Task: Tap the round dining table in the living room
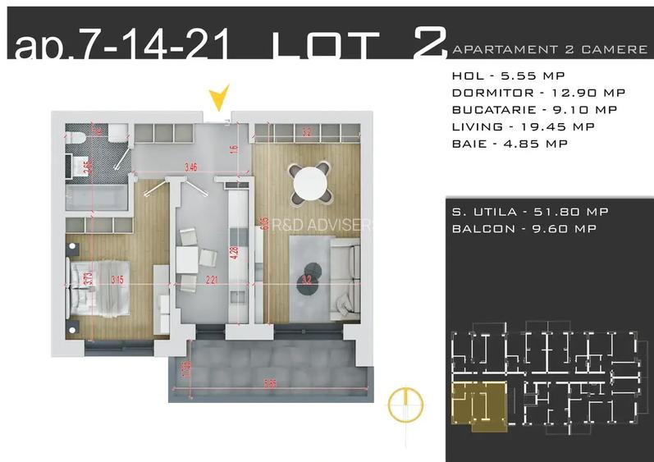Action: click(312, 181)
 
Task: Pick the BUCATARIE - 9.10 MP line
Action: click(523, 109)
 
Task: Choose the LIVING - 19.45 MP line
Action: click(510, 126)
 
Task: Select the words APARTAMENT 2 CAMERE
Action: click(550, 50)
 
